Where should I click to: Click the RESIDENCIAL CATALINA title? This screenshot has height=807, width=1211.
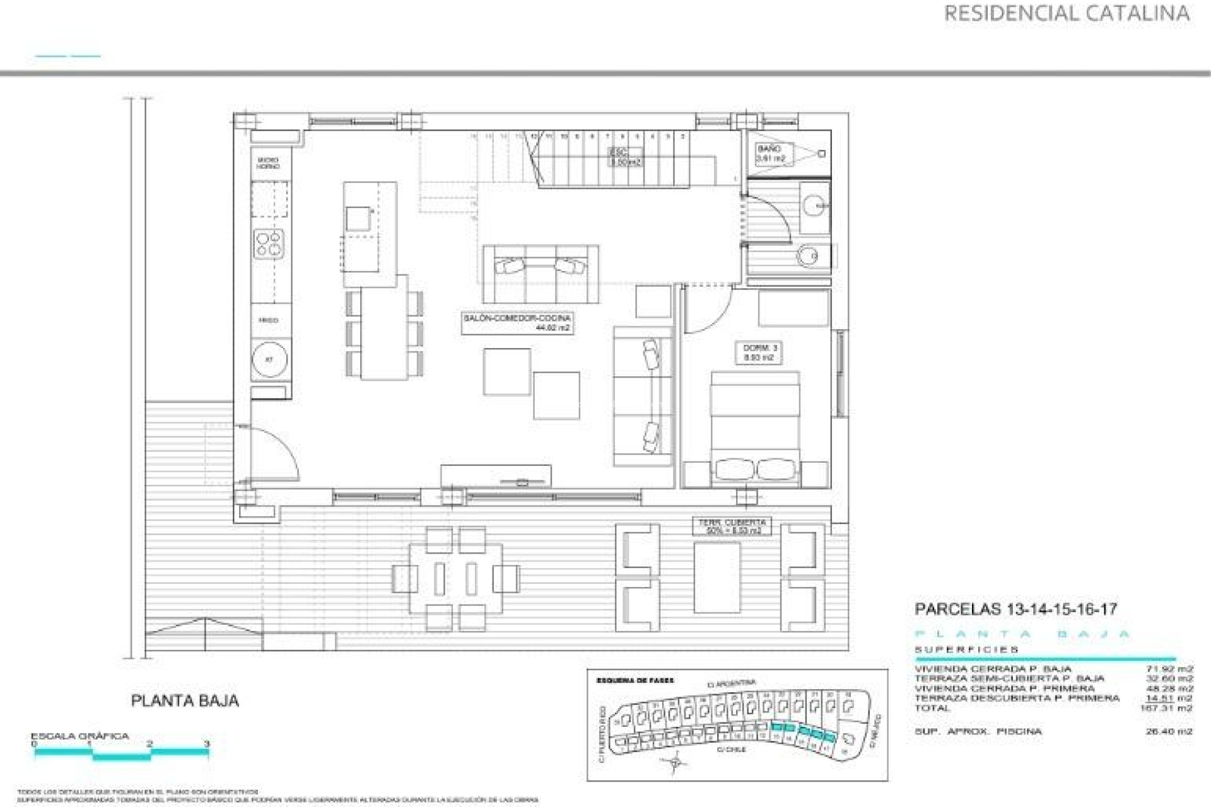(x=1066, y=13)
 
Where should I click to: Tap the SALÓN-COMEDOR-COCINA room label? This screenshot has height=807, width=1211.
(x=517, y=323)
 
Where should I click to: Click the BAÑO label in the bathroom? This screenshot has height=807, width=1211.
(x=770, y=154)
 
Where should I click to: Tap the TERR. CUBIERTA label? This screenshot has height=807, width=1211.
(x=732, y=526)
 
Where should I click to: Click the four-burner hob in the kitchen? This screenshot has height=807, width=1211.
(x=269, y=244)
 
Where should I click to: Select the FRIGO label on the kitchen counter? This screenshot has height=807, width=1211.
(x=268, y=321)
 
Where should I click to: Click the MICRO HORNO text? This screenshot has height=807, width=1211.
(x=267, y=163)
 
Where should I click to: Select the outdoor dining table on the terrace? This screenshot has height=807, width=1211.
(x=455, y=578)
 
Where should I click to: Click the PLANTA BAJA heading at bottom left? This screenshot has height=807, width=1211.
(x=185, y=700)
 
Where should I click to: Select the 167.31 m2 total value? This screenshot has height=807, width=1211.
(x=1166, y=708)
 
